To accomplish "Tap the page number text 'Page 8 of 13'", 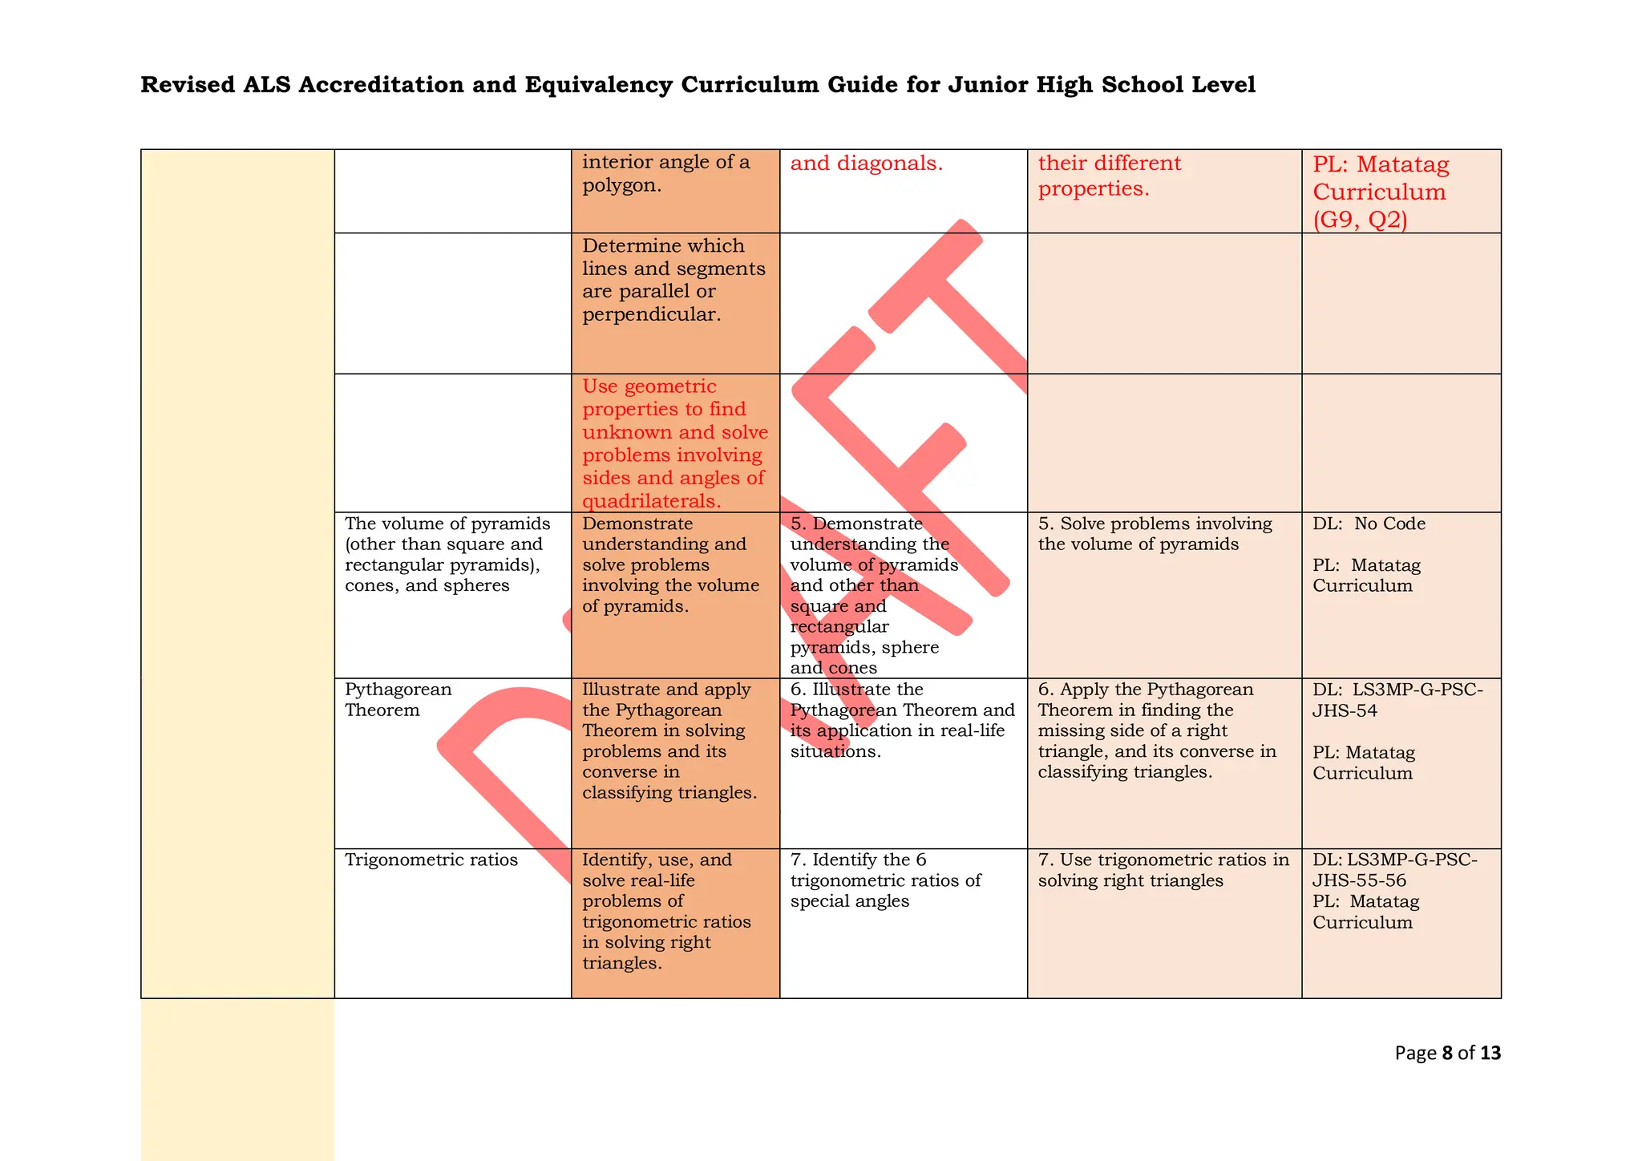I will coord(1446,1053).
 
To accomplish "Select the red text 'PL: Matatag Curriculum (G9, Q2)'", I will coord(1380,192).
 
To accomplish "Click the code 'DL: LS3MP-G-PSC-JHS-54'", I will coord(1397,700).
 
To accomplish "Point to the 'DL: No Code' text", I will coord(1369,524).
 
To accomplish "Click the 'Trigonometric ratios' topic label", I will coord(431,860).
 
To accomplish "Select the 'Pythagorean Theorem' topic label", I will coord(398,700).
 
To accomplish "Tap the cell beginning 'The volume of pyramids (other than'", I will coord(447,554).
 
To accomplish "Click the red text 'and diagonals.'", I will coord(866,164).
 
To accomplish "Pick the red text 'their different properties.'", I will coord(1109,176).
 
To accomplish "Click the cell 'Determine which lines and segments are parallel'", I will coord(673,280).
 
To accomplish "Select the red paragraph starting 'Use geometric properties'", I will coord(674,443).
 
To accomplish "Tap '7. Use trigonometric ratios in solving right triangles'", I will coord(1163,870).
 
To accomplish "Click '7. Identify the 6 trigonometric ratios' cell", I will coord(884,880).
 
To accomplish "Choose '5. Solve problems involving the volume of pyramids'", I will coord(1155,534).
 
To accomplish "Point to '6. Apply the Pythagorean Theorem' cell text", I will coord(1157,730).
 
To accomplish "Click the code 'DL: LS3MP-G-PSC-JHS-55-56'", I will coord(1394,870).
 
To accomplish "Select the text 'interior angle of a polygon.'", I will coord(665,173).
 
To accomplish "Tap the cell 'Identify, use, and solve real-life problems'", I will coord(665,911).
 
